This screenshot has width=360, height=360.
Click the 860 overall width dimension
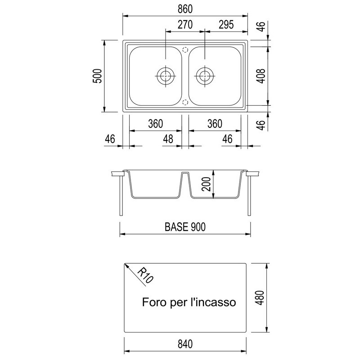(185, 9)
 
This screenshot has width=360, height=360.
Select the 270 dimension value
(185, 25)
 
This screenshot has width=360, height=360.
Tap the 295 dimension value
(226, 25)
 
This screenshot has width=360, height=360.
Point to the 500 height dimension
(97, 76)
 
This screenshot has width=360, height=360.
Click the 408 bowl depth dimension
(261, 76)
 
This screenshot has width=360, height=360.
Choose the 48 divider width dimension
(168, 139)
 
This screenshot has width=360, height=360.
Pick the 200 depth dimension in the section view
(206, 184)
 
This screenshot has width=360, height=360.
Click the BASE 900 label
(185, 227)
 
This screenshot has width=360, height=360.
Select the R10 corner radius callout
(145, 275)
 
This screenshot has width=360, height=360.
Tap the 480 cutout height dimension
(260, 297)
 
